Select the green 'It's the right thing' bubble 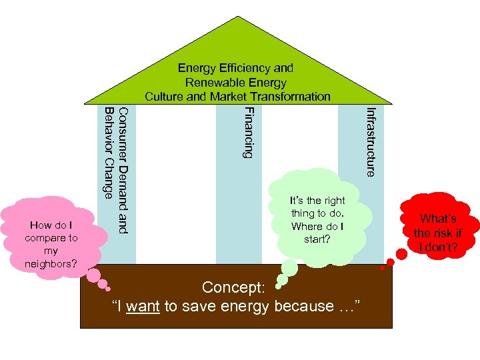tap(317, 219)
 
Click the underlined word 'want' tap(142, 307)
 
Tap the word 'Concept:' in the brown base tap(233, 287)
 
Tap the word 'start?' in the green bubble tap(317, 238)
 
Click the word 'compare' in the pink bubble tap(51, 237)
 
